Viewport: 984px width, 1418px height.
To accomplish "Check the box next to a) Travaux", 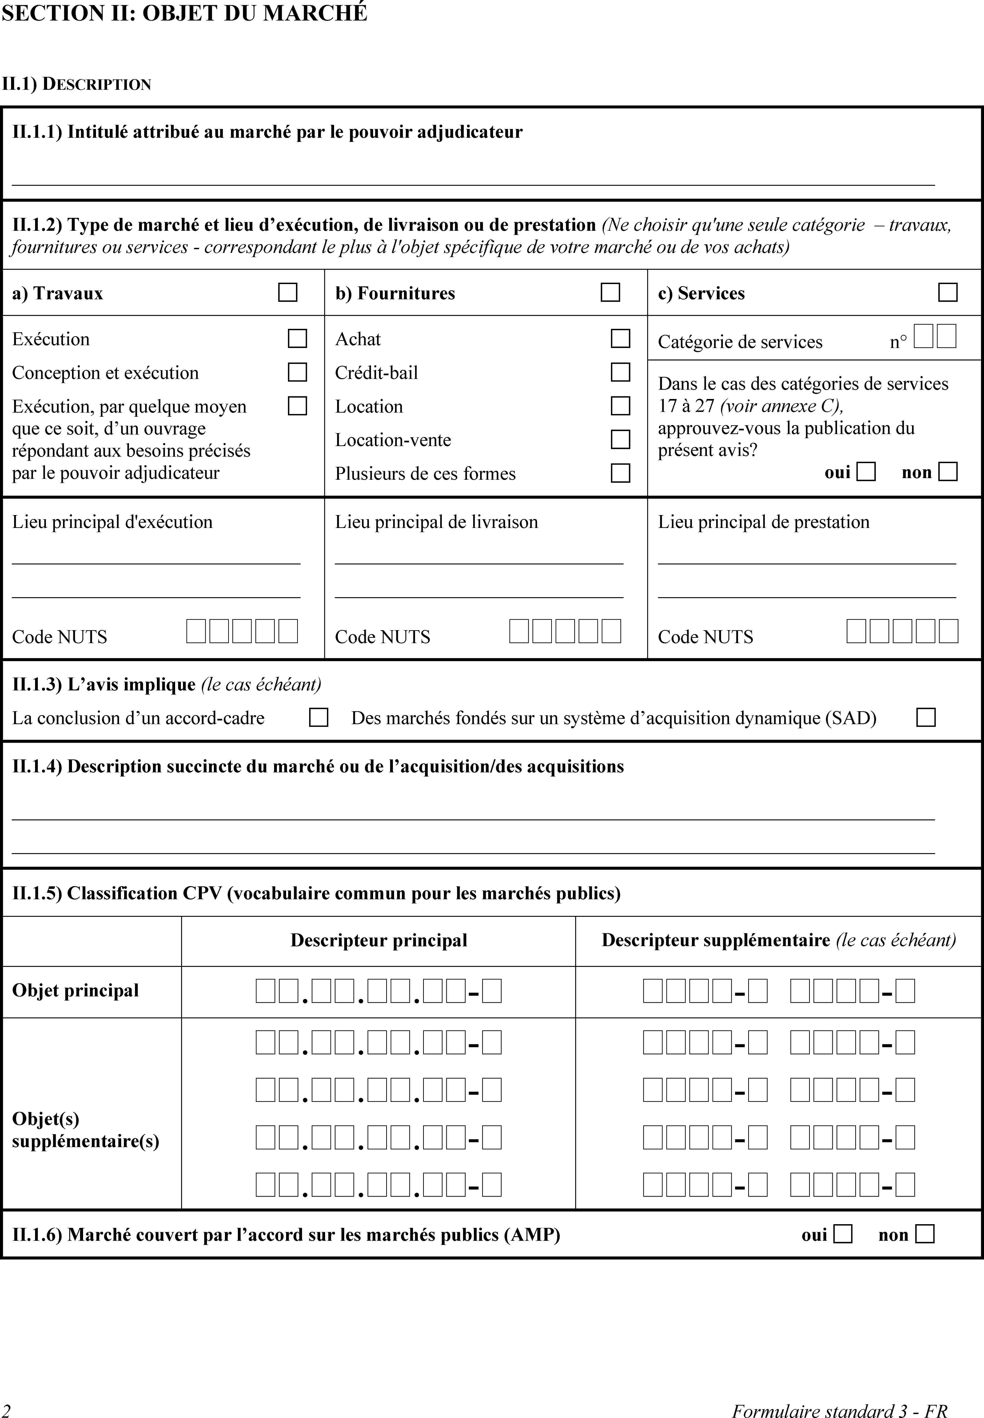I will (x=287, y=292).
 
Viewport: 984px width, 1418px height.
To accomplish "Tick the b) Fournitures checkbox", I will (x=610, y=292).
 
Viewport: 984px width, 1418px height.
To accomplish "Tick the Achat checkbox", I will (x=620, y=339).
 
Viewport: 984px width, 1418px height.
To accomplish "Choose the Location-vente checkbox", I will (x=620, y=440).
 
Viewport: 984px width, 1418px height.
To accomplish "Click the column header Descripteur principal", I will (x=379, y=940).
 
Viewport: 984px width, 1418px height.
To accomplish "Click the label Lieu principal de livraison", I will (x=436, y=522).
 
